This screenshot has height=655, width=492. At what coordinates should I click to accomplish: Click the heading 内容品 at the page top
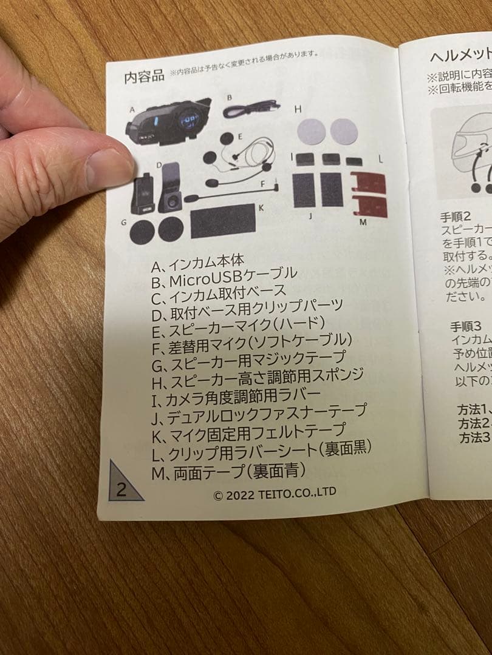[144, 77]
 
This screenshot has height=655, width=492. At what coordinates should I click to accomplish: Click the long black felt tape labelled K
[222, 223]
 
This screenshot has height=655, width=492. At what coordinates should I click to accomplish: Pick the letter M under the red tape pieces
[363, 223]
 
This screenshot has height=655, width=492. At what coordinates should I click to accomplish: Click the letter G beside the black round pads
[123, 223]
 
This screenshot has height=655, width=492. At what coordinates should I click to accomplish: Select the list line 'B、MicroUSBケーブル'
[224, 278]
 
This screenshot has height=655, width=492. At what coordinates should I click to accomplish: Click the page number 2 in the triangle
[121, 489]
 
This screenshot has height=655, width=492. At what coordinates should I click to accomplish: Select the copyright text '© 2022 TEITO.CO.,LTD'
[275, 494]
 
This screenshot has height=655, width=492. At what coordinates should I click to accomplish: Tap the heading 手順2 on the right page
[457, 216]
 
